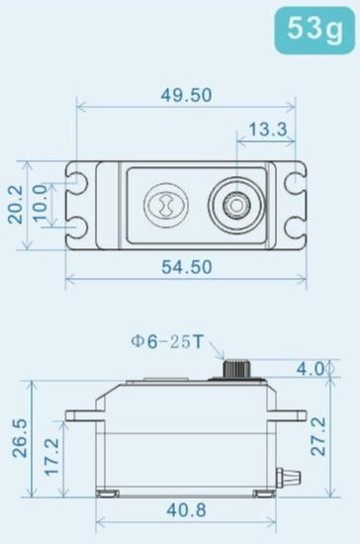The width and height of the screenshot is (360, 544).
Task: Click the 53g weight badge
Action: click(315, 30)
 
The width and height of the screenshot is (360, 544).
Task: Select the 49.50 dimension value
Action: click(187, 95)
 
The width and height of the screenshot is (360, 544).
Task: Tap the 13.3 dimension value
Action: click(268, 130)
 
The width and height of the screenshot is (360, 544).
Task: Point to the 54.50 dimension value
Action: click(187, 267)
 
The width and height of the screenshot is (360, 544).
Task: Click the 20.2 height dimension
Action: click(15, 205)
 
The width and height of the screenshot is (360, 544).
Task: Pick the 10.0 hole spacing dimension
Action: click(40, 204)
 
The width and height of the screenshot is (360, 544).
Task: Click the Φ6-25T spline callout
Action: click(166, 342)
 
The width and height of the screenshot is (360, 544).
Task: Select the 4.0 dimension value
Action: click(311, 369)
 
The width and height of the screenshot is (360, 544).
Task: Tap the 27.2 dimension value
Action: click(317, 436)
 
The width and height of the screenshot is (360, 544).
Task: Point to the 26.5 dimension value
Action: click(19, 438)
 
